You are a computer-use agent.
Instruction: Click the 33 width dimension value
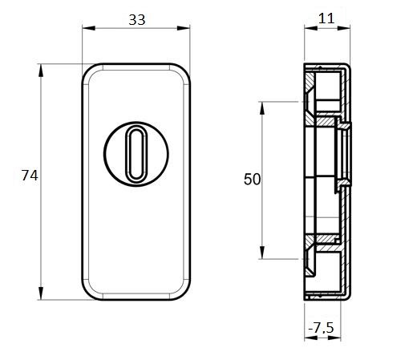point(137,20)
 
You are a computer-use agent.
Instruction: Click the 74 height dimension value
point(30,176)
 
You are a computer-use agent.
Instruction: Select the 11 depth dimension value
point(326,18)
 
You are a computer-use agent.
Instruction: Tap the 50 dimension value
point(252,180)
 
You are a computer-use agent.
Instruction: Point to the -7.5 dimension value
point(321,327)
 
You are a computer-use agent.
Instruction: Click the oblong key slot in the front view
point(136,154)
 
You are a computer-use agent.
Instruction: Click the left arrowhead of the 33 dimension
point(89,28)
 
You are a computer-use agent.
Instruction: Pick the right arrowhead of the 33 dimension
point(184,28)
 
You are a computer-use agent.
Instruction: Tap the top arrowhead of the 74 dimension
point(41,71)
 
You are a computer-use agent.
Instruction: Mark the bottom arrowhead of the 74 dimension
point(41,293)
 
